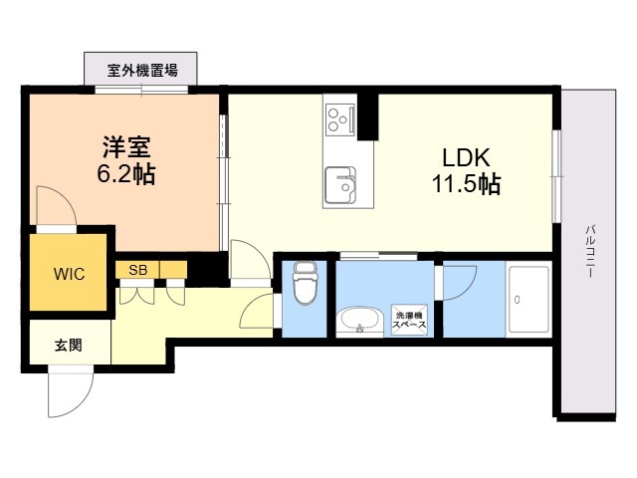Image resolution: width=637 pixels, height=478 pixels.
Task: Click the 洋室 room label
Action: point(126,147)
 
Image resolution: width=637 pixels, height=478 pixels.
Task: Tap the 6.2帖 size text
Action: point(126,174)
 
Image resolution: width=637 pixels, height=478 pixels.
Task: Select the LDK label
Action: point(466,157)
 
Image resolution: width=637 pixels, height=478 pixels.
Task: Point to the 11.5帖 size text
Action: point(466,184)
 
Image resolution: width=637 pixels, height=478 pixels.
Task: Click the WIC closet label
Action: point(69,274)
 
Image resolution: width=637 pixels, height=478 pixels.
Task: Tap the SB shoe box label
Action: point(137,270)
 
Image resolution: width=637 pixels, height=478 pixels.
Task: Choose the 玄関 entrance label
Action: point(69,346)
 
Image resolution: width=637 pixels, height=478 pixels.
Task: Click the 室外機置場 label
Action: point(142,71)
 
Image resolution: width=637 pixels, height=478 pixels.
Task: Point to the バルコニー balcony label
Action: point(590,251)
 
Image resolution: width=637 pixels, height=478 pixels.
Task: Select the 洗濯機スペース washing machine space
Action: point(409,321)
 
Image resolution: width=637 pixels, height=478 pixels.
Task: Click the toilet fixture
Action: point(305,283)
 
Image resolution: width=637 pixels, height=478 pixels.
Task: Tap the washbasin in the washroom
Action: point(359,322)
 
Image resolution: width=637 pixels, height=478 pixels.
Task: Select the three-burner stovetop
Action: point(340,119)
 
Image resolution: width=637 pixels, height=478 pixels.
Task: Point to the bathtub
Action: point(529,301)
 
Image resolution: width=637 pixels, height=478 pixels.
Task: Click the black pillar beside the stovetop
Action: point(368,118)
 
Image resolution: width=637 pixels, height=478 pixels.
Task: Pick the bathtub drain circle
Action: point(518,301)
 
